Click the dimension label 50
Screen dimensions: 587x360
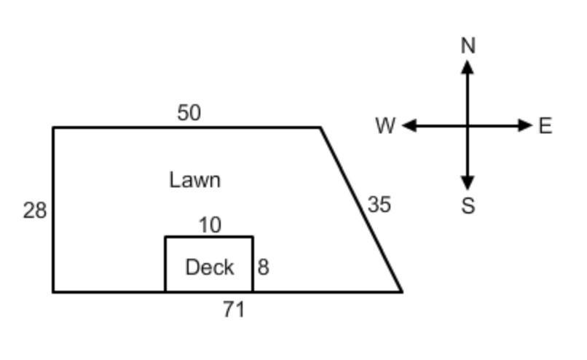pos(189,112)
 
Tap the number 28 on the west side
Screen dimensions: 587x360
pos(35,210)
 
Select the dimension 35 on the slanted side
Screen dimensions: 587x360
pos(379,205)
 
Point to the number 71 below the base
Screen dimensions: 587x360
pos(234,310)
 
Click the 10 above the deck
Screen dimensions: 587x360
pos(210,225)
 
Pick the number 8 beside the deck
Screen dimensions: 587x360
pos(263,267)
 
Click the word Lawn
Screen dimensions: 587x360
pos(194,180)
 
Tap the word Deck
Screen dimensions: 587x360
pos(210,267)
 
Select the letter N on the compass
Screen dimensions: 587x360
pos(468,46)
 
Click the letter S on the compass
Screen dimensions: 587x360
pos(468,206)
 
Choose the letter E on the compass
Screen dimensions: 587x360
pos(545,125)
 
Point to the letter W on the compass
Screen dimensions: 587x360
pos(385,125)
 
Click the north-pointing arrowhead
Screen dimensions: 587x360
pos(468,67)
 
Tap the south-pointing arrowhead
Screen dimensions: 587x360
pos(468,183)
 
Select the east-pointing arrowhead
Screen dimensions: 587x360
pos(525,125)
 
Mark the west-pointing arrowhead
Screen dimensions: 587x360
pos(409,125)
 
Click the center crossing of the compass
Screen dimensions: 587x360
pos(468,125)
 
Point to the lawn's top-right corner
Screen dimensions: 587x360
pos(320,128)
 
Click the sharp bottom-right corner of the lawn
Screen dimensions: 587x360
pos(402,291)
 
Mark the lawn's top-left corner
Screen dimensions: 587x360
pos(54,128)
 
